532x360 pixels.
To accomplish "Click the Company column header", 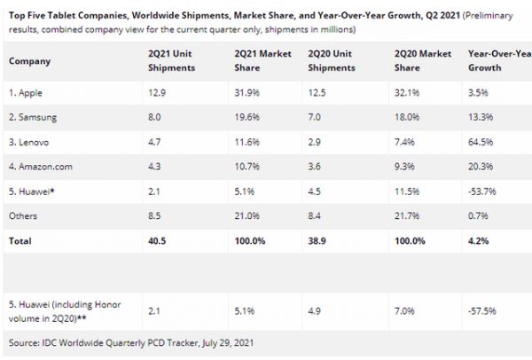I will [30, 61].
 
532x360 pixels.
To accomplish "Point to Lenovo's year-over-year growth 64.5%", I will [481, 140].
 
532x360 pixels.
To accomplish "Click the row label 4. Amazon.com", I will [41, 165].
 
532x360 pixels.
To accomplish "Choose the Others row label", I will [24, 214].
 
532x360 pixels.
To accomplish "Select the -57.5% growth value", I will [482, 311].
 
